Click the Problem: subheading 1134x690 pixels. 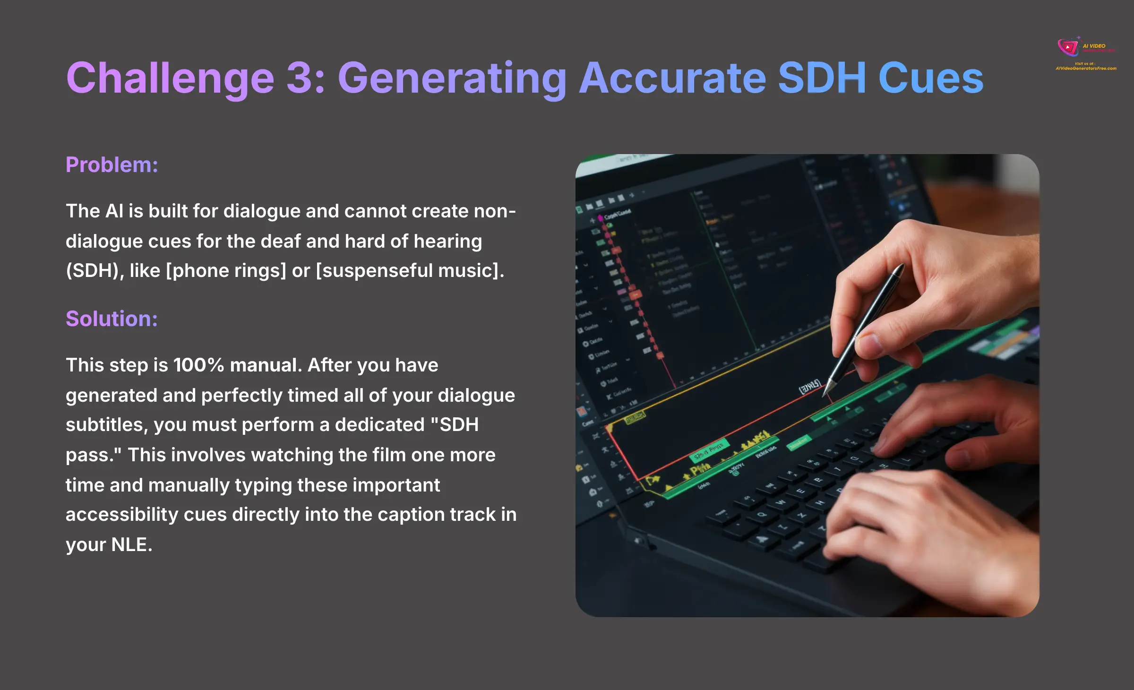tap(112, 165)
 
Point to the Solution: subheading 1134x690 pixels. tap(112, 319)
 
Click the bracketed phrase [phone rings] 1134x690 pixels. tap(226, 271)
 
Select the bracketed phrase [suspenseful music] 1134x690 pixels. tap(409, 271)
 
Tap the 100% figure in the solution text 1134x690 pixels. tap(198, 365)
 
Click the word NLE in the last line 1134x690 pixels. tap(131, 545)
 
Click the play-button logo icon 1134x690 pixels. tap(1067, 47)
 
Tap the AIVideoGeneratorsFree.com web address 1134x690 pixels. tap(1086, 69)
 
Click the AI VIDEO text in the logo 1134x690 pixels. tap(1094, 46)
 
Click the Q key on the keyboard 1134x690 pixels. tap(762, 514)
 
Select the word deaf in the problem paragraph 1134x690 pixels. tap(281, 241)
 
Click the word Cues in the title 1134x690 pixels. tap(931, 78)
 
